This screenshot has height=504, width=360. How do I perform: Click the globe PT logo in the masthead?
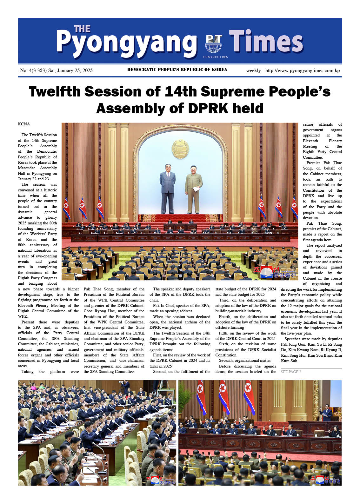213,44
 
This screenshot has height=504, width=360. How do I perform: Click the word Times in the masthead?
266,42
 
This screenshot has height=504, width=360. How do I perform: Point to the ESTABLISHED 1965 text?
215,57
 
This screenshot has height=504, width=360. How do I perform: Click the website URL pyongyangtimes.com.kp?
303,70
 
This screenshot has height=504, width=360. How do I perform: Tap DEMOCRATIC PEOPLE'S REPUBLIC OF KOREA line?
177,70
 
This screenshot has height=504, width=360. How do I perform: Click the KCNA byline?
24,124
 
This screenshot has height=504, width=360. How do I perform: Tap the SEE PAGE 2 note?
291,372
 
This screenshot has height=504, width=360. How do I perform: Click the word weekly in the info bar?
253,70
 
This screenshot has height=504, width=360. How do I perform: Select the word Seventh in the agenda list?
226,361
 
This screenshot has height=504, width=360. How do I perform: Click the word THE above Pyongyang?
82,29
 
